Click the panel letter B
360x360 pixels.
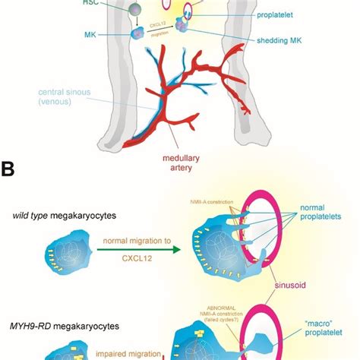pos(11,169)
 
